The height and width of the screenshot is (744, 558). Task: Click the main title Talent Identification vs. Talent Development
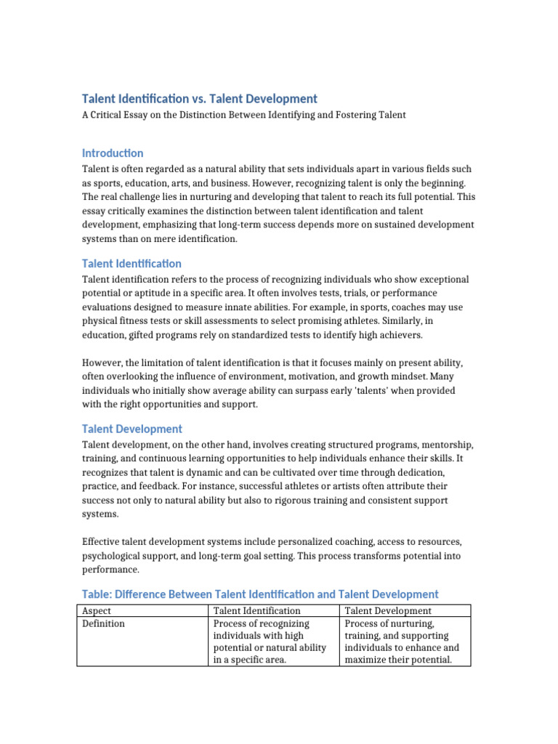(x=199, y=99)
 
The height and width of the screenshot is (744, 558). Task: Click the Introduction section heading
(x=113, y=153)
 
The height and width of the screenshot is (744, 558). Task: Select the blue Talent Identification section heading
(x=132, y=264)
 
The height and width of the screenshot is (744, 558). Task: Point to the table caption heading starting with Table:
(x=260, y=594)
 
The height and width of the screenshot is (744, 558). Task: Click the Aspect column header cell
(x=97, y=611)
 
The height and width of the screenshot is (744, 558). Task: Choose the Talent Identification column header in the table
(x=256, y=611)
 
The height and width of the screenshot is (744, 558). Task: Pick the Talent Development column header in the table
(x=387, y=611)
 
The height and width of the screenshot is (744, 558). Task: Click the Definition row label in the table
(x=103, y=623)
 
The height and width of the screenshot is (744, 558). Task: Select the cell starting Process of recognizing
(x=270, y=642)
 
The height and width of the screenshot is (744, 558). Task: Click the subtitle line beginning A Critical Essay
(x=243, y=115)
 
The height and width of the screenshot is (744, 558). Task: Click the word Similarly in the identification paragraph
(x=414, y=321)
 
